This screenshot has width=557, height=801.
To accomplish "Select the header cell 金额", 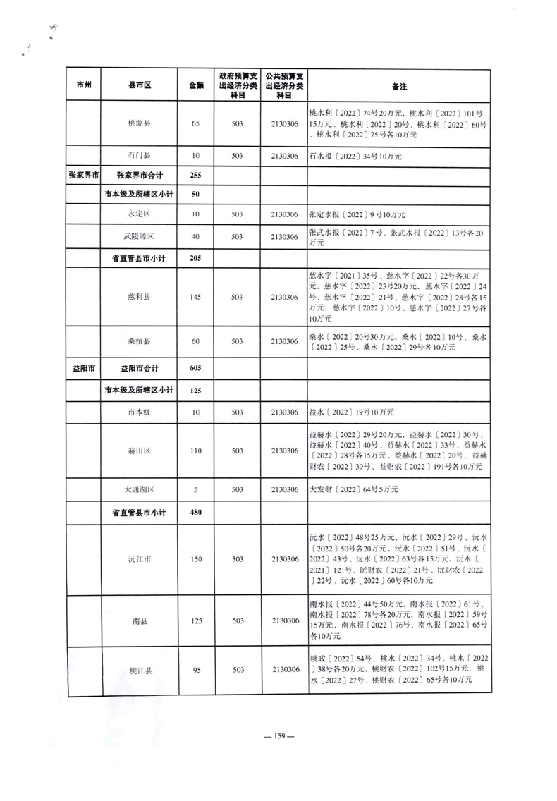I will click(196, 86).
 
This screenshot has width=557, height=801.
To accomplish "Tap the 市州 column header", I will click(84, 86).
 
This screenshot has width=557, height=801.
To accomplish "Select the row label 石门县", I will click(139, 156).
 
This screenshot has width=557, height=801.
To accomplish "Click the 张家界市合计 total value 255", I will click(196, 175).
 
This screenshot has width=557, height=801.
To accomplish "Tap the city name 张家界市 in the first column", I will click(84, 175).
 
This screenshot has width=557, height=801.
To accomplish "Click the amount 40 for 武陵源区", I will click(196, 237).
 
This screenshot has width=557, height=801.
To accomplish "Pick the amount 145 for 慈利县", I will click(196, 297).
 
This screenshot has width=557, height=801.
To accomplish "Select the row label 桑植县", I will click(139, 341).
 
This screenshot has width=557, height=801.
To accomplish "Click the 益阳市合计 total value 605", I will click(196, 369).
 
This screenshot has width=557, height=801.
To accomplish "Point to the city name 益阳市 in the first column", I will click(84, 369).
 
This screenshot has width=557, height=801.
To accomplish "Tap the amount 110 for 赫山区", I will click(196, 451).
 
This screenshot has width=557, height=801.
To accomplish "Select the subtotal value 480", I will click(196, 513).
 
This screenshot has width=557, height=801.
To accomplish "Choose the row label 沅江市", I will click(139, 560).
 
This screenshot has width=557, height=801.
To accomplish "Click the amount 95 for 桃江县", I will click(196, 671).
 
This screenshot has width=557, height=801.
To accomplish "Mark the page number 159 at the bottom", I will click(278, 737).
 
